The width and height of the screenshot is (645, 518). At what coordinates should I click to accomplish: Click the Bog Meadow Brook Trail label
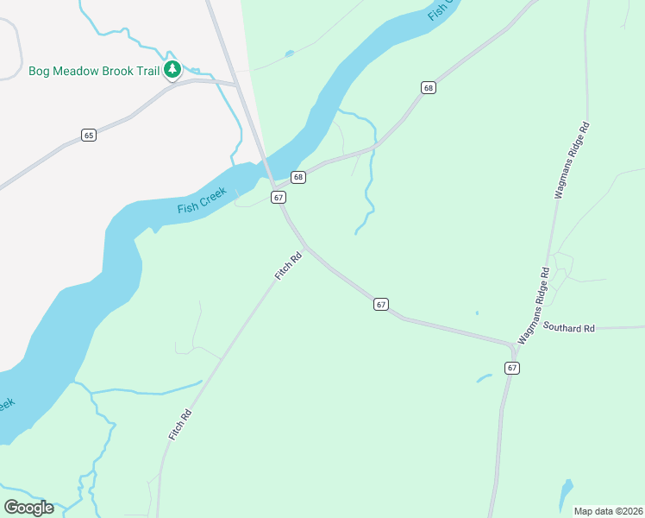[93, 71]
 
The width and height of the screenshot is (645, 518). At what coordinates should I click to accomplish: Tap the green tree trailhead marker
[172, 69]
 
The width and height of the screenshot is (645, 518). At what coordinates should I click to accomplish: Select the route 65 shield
[89, 135]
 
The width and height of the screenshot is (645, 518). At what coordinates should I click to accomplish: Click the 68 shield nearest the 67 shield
[298, 177]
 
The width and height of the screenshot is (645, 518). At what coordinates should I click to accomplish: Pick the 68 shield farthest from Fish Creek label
[429, 88]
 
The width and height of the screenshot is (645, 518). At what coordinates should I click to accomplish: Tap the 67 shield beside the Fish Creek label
[278, 198]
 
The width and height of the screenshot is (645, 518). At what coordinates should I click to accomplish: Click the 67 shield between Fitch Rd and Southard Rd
[381, 304]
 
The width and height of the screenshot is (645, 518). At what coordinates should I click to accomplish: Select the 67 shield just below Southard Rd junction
[512, 368]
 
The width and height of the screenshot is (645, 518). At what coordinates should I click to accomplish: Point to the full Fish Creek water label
[201, 201]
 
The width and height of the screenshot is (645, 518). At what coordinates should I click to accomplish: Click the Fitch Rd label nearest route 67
[289, 265]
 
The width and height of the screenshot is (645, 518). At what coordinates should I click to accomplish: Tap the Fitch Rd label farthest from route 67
[179, 426]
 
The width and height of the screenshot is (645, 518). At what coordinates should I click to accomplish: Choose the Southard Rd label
[569, 328]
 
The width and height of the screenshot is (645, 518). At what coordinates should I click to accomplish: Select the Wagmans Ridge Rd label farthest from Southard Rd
[572, 161]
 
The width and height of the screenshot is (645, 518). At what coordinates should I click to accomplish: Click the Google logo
[28, 508]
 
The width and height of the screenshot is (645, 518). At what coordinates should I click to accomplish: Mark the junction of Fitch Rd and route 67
[304, 247]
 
